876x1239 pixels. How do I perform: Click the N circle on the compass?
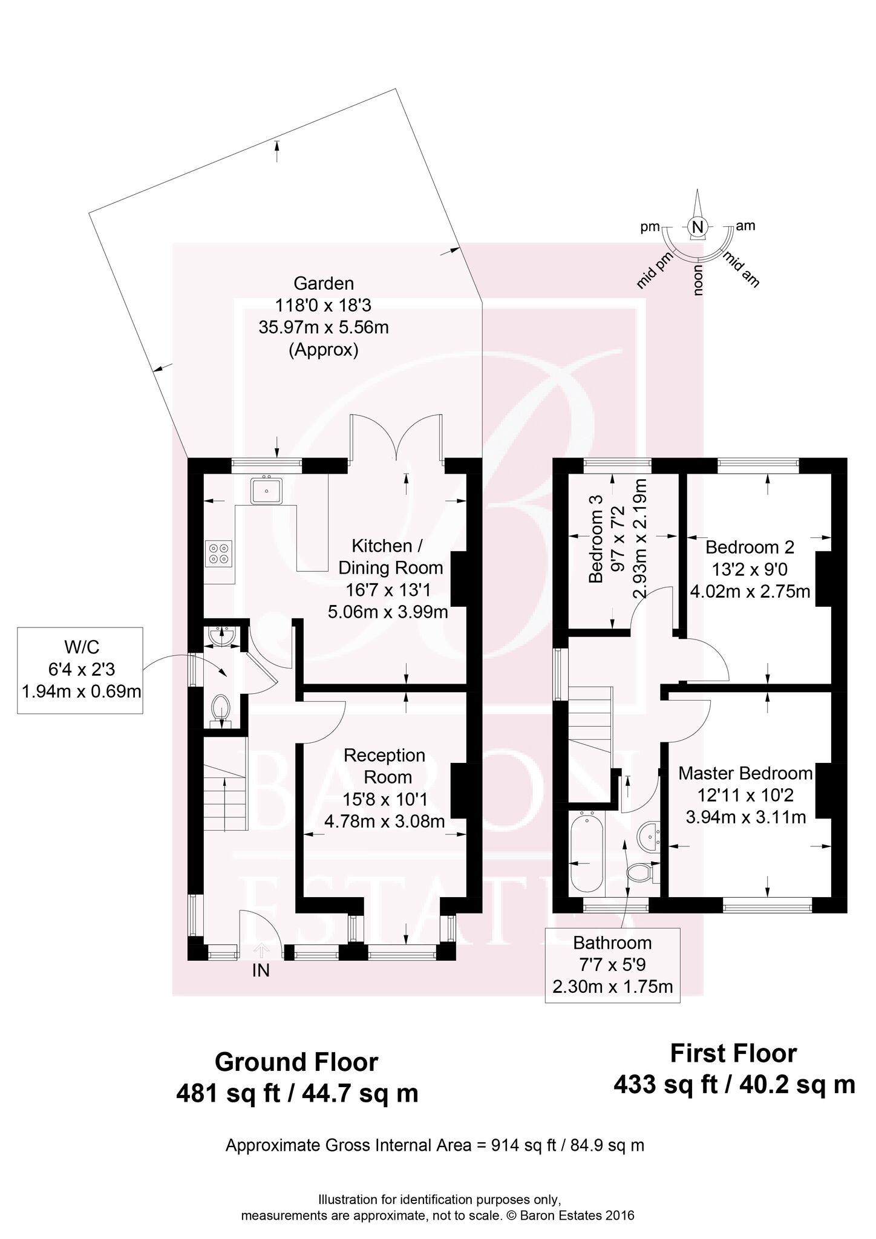click(x=698, y=227)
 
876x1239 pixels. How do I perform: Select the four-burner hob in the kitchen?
click(x=218, y=554)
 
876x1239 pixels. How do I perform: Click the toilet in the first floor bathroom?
click(x=640, y=872)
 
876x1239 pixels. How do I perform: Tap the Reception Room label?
click(x=385, y=766)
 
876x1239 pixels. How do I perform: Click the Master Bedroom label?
click(x=745, y=773)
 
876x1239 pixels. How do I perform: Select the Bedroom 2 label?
click(x=750, y=548)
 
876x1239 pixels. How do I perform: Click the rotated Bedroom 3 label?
click(x=596, y=548)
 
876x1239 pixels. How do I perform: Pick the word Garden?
click(x=324, y=283)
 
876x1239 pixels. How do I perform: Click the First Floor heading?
click(x=733, y=1054)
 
